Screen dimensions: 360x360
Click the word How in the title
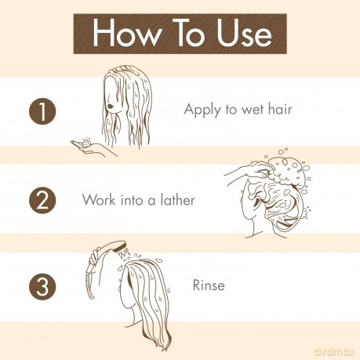coord(127,34)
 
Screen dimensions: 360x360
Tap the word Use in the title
coord(245,34)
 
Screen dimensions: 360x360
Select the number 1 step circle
coord(42,111)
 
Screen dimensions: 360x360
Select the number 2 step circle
coord(42,200)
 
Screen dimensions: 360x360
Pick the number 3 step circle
coord(42,286)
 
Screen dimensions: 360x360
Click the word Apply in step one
coord(202,110)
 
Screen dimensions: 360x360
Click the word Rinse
coord(209,285)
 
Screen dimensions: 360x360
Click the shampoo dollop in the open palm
coord(85,142)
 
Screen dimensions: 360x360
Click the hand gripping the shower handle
coord(94,257)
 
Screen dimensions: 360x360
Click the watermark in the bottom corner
coord(335,351)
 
